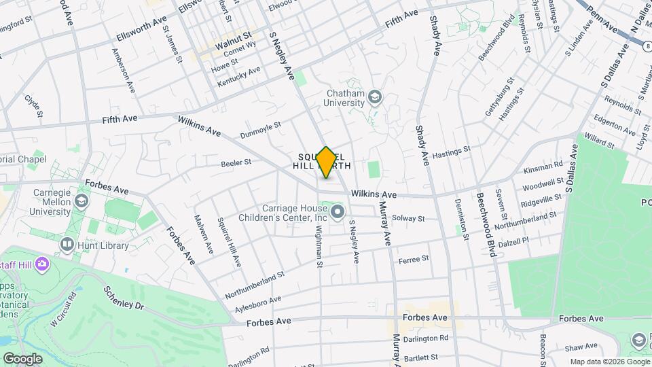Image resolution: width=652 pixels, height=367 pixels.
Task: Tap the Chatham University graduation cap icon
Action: click(374, 99)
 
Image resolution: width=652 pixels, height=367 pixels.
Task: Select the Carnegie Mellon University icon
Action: click(81, 201)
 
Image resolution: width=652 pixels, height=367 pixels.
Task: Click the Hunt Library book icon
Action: click(67, 243)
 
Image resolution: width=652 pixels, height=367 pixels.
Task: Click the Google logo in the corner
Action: click(22, 359)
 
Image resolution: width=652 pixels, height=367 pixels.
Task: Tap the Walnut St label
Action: click(233, 34)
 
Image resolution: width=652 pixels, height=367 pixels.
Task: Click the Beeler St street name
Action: click(236, 162)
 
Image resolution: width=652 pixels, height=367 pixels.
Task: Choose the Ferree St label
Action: click(414, 259)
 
